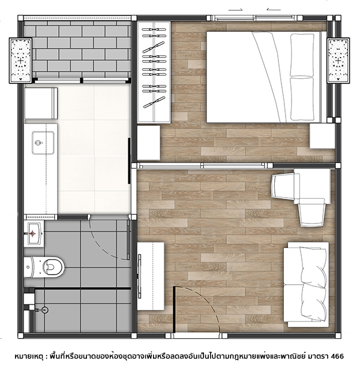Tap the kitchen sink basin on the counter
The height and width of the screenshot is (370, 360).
click(43, 143)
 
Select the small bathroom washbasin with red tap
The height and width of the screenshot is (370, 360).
click(34, 234)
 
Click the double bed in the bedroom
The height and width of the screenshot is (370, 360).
click(264, 77)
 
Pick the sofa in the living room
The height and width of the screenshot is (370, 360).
click(306, 284)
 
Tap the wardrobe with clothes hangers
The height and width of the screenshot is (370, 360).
click(154, 73)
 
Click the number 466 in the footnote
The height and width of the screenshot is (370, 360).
click(337, 356)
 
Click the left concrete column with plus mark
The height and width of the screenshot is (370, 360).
click(20, 61)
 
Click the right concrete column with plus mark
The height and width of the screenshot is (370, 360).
click(338, 61)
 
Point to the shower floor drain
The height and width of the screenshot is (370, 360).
click(44, 310)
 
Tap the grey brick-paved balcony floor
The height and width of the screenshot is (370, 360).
click(77, 49)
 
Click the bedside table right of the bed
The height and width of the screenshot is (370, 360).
click(322, 136)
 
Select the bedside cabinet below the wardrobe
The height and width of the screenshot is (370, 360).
click(149, 143)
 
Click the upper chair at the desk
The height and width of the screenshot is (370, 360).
click(285, 186)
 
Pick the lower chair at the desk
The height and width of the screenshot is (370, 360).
click(311, 213)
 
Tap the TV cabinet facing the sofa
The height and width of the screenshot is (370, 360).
click(151, 276)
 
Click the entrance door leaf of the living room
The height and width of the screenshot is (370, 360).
click(174, 309)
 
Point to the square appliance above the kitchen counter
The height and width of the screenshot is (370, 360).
click(41, 103)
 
